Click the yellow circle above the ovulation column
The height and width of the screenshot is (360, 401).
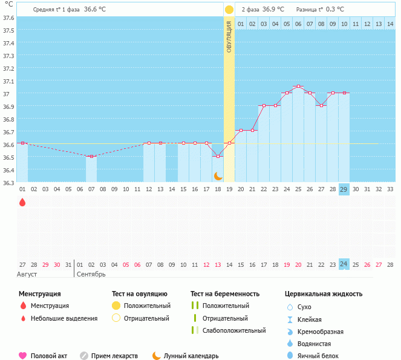click(x=229, y=10)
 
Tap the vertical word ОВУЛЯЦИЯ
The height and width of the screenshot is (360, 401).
click(x=229, y=36)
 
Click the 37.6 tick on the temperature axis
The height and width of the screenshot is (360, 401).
click(x=9, y=18)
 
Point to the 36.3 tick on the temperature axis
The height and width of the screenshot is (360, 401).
click(x=9, y=182)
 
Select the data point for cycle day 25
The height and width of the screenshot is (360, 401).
click(x=298, y=87)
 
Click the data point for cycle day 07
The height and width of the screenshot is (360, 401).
click(x=91, y=157)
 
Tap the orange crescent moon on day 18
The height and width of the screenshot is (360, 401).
click(x=218, y=175)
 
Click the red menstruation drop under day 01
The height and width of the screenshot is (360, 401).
click(x=22, y=202)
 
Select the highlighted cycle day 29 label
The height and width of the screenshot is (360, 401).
click(x=344, y=189)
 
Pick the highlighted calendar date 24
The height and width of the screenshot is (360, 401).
click(x=344, y=264)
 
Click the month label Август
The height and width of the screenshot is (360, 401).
click(x=27, y=274)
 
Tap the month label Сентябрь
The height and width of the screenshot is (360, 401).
click(x=91, y=274)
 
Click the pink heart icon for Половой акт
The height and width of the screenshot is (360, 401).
click(x=23, y=356)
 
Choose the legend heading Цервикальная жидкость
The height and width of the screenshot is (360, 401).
click(x=324, y=294)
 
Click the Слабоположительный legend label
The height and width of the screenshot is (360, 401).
click(x=234, y=330)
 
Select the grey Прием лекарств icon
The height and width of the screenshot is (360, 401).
click(x=84, y=356)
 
